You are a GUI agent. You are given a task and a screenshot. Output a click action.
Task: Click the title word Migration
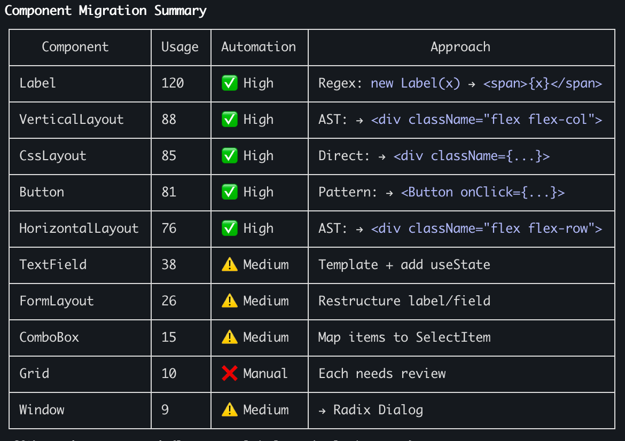coord(112,11)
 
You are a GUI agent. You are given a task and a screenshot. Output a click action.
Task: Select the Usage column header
coord(180,47)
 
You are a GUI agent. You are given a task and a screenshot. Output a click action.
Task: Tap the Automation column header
coord(259,47)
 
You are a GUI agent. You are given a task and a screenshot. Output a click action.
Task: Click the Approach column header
coord(460,47)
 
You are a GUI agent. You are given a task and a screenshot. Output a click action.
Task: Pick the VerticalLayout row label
coord(72,120)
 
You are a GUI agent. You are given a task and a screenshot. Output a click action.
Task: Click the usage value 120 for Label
coord(173,83)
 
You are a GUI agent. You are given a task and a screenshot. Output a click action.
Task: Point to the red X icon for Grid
coord(230,374)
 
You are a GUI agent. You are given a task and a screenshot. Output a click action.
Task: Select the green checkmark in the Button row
coord(230,192)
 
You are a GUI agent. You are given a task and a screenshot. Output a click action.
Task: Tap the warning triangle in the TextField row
coord(230,265)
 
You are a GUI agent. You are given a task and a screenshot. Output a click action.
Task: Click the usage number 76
coord(169,229)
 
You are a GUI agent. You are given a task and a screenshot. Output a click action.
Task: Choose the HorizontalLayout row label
coord(79,229)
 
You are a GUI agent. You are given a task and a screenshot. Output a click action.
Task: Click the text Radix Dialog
coord(378,410)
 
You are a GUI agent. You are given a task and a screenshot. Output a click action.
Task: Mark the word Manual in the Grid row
coord(265,374)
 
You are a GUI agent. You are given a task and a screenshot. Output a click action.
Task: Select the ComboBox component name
coord(49,337)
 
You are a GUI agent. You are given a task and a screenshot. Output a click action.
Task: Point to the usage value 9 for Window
coord(165,410)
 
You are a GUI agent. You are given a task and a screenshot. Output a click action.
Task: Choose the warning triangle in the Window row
coord(230,410)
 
